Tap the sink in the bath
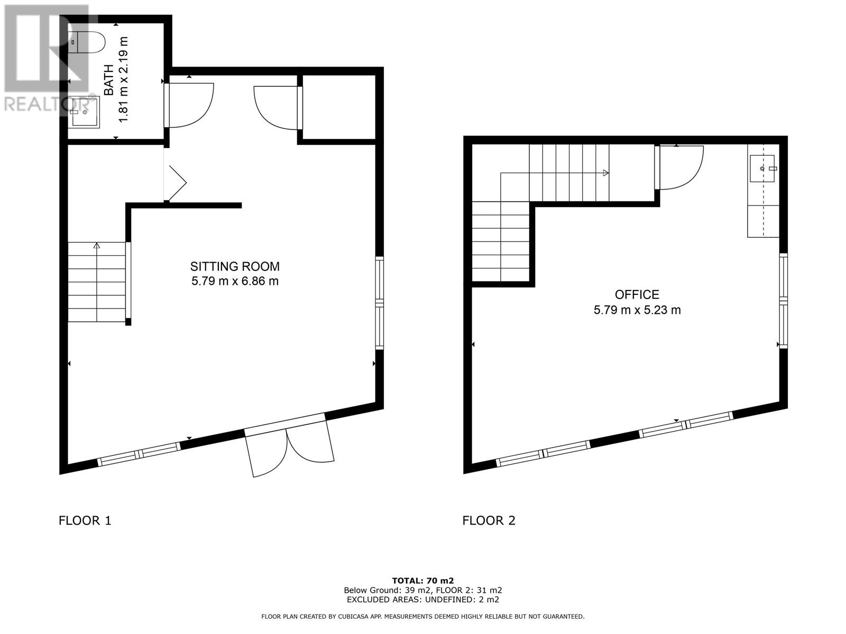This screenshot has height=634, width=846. coord(85,112)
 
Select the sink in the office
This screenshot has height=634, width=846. coord(761,168)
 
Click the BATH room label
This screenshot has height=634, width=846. coord(109,80)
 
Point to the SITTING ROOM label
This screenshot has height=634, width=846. coord(235,266)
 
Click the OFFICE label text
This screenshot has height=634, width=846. coord(637,294)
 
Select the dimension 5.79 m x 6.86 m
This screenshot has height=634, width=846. coord(235,281)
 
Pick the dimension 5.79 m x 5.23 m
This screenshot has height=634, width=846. coord(637,310)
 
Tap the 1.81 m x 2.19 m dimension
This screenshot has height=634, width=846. coord(123,80)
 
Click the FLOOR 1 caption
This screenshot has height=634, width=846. coord(85,520)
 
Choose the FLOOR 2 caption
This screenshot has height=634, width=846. coord(489,520)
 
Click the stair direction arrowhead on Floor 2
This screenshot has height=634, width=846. coord(605,173)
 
